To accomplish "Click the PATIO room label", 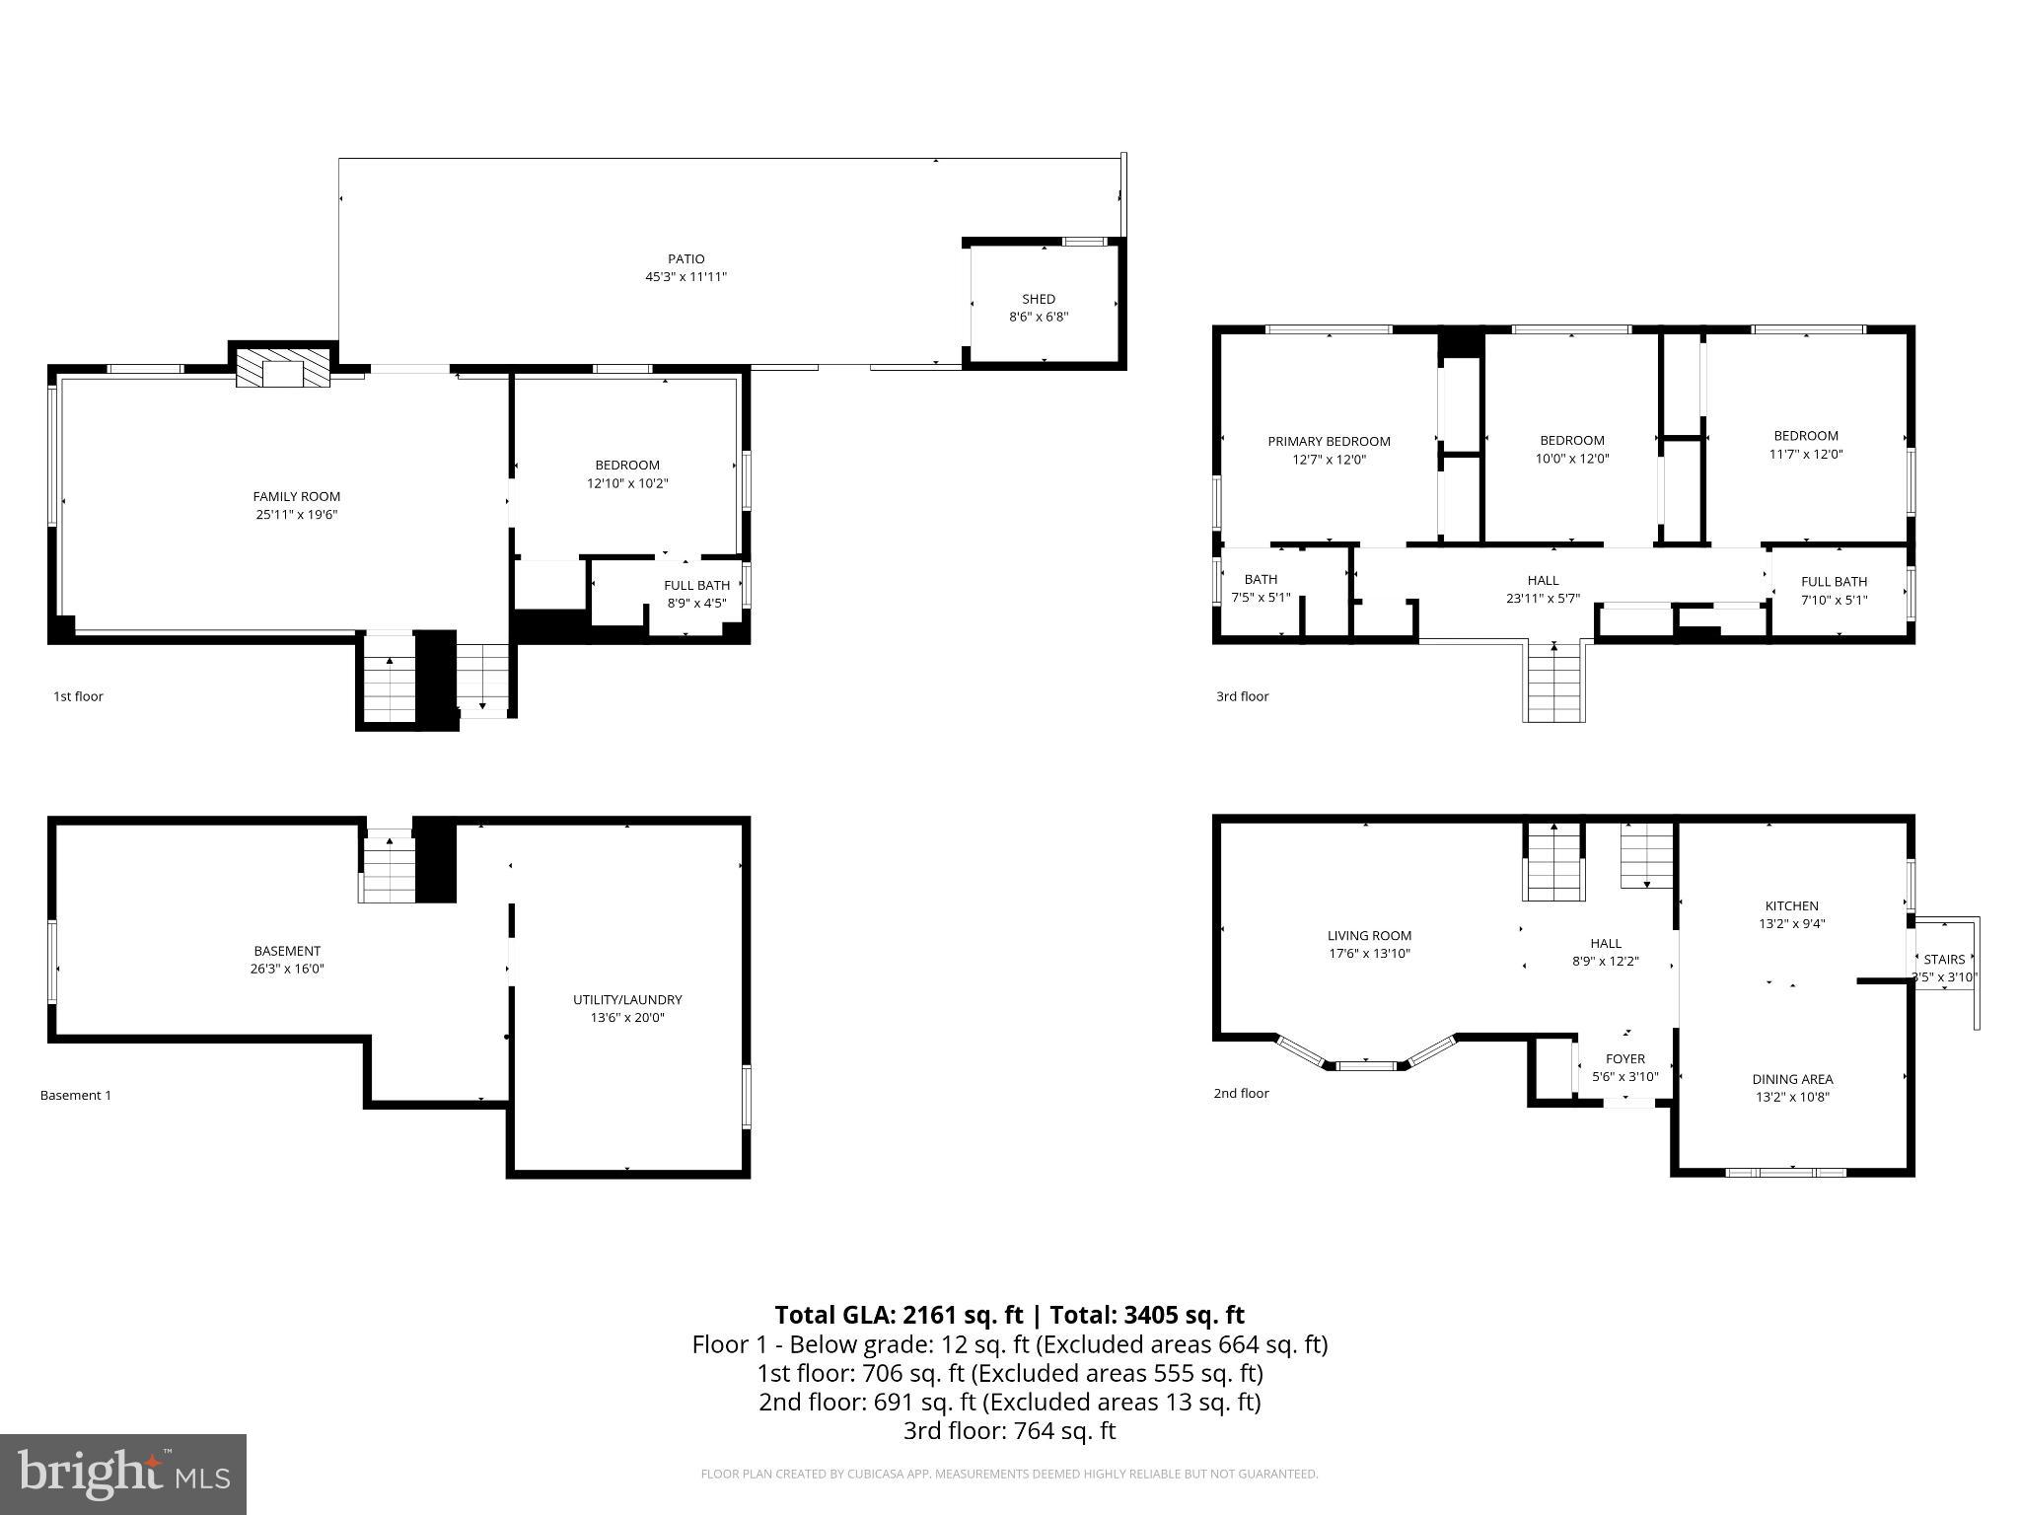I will (x=685, y=259).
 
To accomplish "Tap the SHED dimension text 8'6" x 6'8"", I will (x=1038, y=317).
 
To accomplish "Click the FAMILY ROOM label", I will (x=296, y=496).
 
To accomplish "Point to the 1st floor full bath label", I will (x=696, y=585).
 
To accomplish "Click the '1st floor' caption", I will (x=78, y=696).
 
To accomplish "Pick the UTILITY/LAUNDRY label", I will (x=627, y=999).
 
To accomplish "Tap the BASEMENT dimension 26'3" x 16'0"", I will (x=286, y=969).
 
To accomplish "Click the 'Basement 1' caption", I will (x=76, y=1095).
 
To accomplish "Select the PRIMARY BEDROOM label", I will (x=1329, y=441).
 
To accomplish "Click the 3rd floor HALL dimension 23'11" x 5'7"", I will (x=1543, y=598).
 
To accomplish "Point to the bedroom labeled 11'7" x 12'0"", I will (x=1805, y=445).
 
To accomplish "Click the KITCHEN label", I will (x=1791, y=905).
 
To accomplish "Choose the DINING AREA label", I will (x=1792, y=1079).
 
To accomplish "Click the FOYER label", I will (x=1624, y=1059).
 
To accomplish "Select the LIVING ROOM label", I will (x=1369, y=935).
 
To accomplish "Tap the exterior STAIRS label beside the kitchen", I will (x=1944, y=959).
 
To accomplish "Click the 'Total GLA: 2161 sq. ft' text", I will (x=899, y=1315).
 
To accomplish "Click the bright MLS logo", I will (x=123, y=1474).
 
